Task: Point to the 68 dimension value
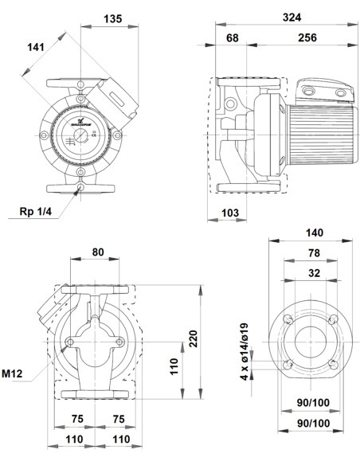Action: click(232, 38)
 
